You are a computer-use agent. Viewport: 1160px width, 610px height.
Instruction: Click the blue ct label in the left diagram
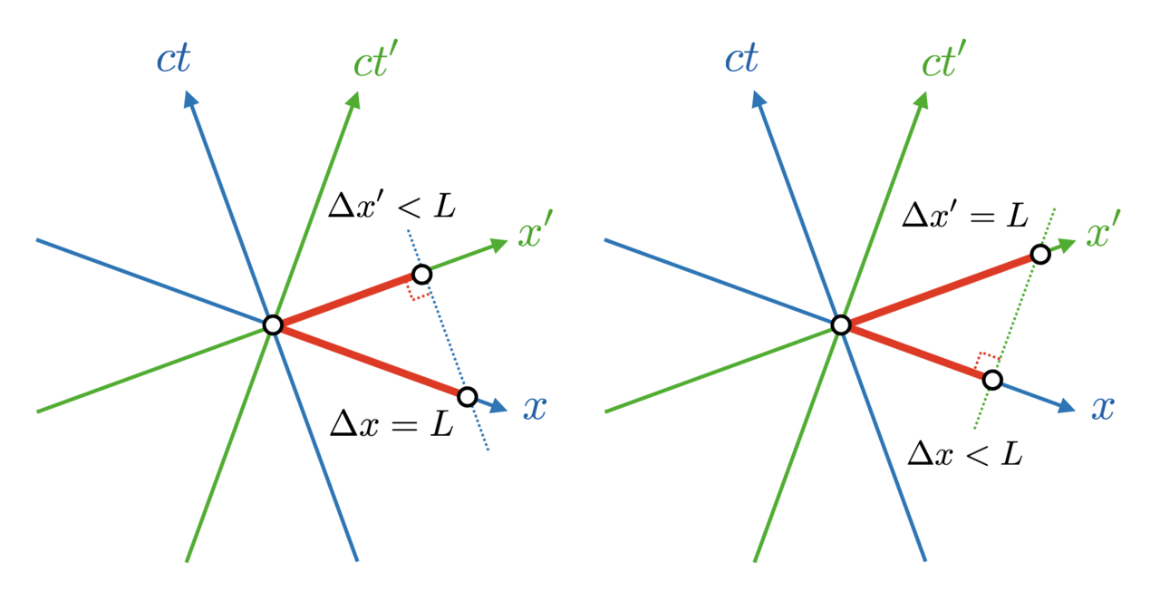[173, 59]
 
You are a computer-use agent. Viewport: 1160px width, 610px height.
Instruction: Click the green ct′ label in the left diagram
[375, 59]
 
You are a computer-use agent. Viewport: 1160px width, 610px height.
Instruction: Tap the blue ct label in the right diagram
[741, 59]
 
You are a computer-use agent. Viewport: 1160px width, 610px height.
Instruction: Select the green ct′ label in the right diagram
[943, 59]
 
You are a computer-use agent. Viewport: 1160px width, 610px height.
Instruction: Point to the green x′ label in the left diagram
[536, 229]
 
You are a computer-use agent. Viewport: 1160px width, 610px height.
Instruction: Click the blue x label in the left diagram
[535, 409]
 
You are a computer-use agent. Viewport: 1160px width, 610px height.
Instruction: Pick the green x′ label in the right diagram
[1104, 229]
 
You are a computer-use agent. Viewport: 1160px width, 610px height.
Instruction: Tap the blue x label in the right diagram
[1103, 409]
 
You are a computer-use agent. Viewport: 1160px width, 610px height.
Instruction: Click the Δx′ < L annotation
[392, 206]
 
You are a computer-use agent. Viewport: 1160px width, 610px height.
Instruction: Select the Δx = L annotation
[392, 424]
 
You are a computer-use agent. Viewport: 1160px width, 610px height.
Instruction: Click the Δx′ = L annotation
[965, 215]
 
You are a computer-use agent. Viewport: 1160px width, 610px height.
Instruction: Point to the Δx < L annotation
[965, 454]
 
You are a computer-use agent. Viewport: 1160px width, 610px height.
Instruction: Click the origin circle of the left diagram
[273, 325]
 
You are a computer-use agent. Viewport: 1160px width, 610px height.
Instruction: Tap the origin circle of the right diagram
[841, 325]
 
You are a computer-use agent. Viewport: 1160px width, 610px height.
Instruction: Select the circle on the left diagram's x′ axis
[422, 275]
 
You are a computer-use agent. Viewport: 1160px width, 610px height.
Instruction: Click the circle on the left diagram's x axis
[468, 397]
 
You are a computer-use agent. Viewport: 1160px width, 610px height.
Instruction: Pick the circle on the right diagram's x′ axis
[1040, 255]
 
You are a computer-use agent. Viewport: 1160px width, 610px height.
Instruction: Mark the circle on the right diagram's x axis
[992, 380]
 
